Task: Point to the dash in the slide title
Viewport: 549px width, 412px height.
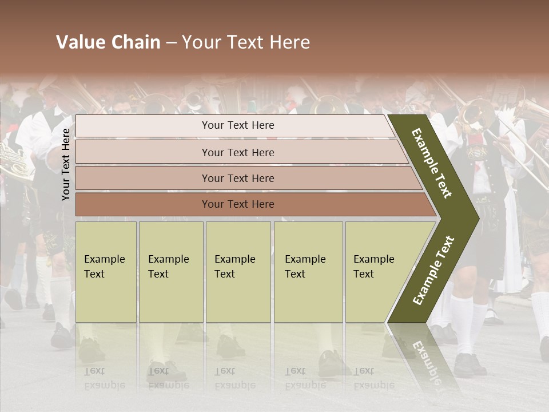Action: (171, 42)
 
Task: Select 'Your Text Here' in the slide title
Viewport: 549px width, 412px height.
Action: (246, 42)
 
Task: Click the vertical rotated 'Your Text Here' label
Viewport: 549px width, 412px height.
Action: (66, 164)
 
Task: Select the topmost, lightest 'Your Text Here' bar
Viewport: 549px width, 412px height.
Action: (237, 125)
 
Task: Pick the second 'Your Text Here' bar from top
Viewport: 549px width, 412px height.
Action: (237, 152)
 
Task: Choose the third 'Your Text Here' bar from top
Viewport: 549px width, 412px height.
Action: (237, 178)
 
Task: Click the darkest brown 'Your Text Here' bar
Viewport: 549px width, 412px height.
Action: (237, 204)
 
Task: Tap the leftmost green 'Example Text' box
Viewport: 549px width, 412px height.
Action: (106, 272)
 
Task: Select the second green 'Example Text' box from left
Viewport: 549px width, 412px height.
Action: (170, 272)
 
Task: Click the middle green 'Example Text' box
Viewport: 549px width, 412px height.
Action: (238, 272)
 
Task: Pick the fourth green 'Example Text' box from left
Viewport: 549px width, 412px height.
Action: (308, 272)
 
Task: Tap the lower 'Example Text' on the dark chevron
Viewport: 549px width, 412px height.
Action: (433, 270)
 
